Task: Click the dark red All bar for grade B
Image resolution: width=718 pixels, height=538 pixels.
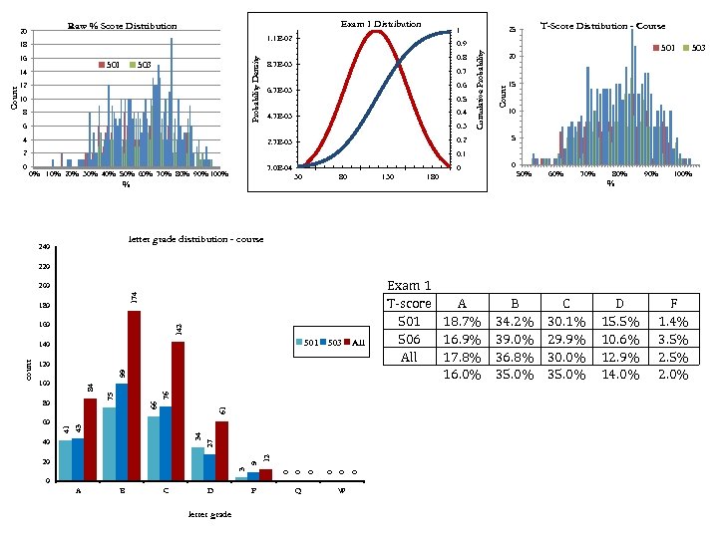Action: click(134, 396)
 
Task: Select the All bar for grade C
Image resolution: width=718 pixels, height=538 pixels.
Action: click(178, 410)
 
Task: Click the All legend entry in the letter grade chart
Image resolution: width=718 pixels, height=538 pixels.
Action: click(353, 342)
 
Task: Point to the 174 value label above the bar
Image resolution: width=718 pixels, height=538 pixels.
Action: click(135, 297)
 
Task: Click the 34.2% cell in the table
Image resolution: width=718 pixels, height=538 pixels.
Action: click(517, 321)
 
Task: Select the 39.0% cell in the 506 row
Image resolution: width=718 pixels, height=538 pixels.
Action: click(517, 339)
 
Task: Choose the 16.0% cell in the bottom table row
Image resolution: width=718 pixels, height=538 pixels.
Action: click(461, 375)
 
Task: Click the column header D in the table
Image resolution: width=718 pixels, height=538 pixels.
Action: click(621, 303)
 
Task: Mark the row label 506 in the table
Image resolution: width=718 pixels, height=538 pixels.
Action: click(409, 339)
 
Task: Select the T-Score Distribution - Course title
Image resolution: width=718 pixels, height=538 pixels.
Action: click(616, 26)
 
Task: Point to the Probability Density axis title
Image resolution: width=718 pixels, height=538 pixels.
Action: click(256, 90)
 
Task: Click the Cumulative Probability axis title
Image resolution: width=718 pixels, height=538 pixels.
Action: click(481, 92)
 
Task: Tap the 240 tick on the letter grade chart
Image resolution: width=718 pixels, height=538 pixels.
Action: click(43, 247)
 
